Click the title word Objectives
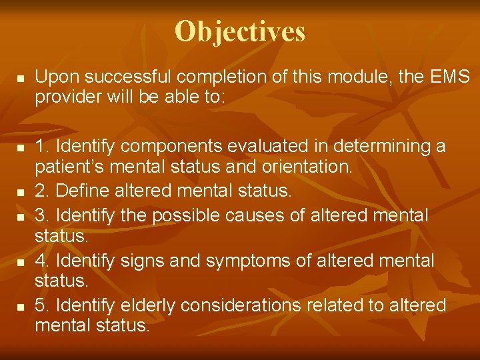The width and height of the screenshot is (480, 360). tap(240, 31)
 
